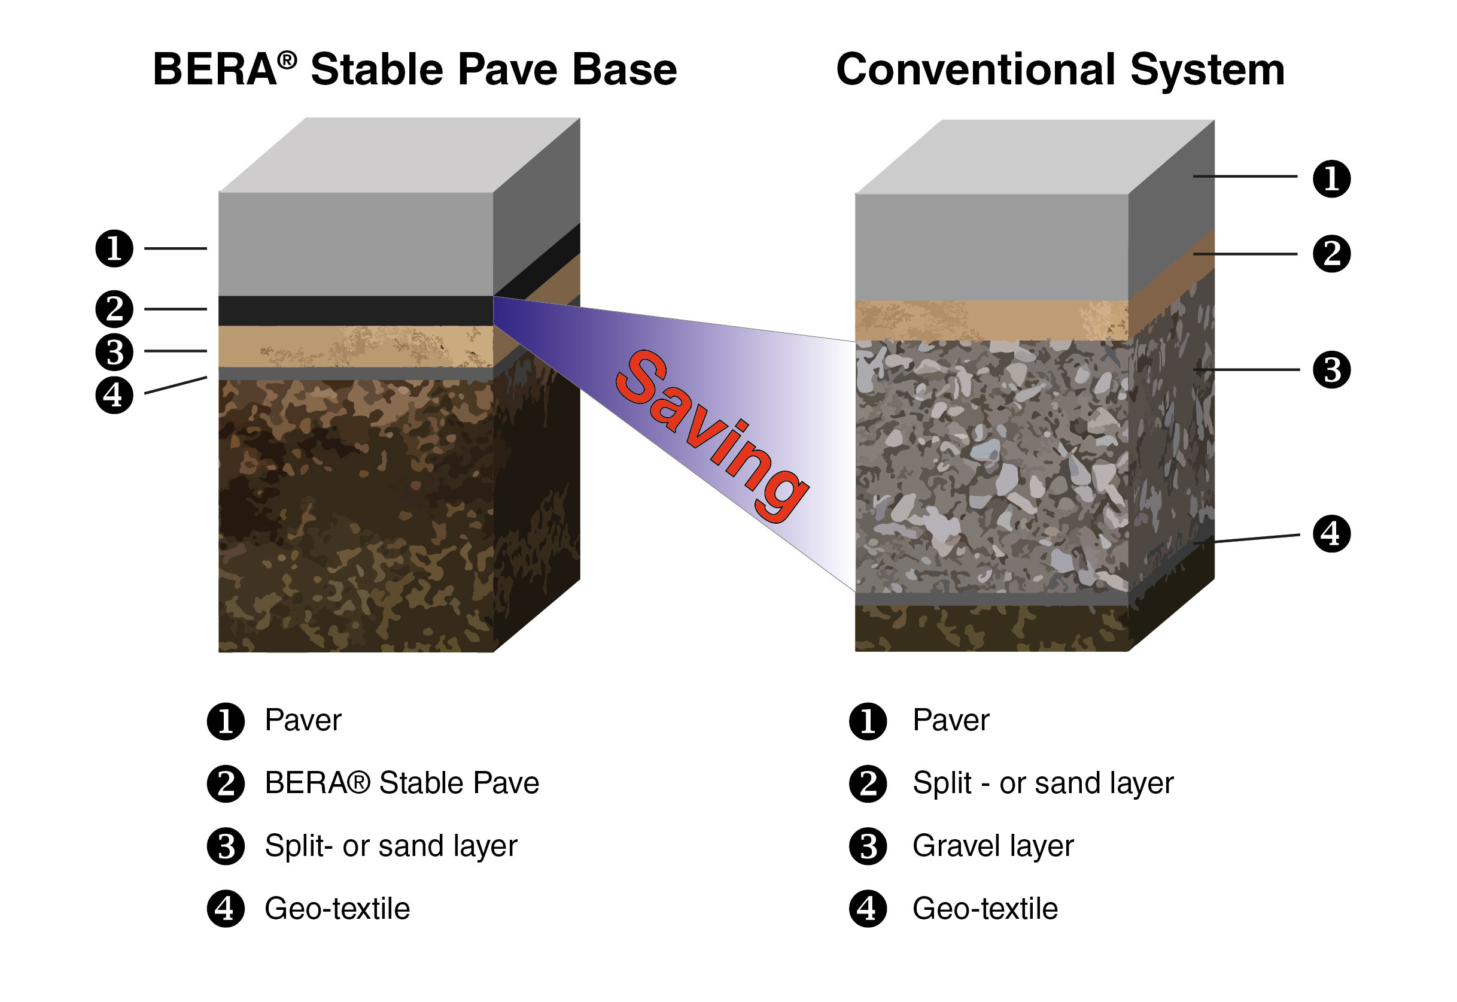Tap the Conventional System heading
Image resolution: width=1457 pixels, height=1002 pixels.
[x=1060, y=69]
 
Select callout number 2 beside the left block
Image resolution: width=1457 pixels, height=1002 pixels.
[x=114, y=309]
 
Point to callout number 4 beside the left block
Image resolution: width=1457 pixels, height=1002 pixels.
[x=114, y=395]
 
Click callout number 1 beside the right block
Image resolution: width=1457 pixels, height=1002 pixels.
[x=1331, y=179]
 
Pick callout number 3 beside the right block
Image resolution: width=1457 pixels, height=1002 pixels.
[x=1331, y=370]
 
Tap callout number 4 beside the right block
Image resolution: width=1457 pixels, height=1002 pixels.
[x=1331, y=534]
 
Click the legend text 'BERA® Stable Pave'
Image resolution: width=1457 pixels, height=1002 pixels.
[x=401, y=783]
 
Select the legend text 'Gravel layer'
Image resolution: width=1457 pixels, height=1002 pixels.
[x=993, y=846]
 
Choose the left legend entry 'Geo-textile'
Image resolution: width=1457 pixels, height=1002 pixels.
[x=337, y=909]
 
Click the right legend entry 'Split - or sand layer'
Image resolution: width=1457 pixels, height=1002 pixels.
[x=1043, y=784]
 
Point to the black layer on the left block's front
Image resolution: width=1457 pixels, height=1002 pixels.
[x=355, y=311]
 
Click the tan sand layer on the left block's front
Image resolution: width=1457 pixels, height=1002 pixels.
[x=355, y=346]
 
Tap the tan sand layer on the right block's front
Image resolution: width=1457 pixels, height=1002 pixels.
[x=991, y=321]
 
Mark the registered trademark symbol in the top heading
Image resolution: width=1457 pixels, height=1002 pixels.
[x=287, y=60]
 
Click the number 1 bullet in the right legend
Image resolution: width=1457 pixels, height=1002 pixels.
[x=868, y=721]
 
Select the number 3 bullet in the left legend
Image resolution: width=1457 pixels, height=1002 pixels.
[x=226, y=846]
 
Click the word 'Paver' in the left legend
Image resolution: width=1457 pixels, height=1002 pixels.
[x=303, y=720]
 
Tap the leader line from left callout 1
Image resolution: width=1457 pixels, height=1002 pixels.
[x=176, y=248]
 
